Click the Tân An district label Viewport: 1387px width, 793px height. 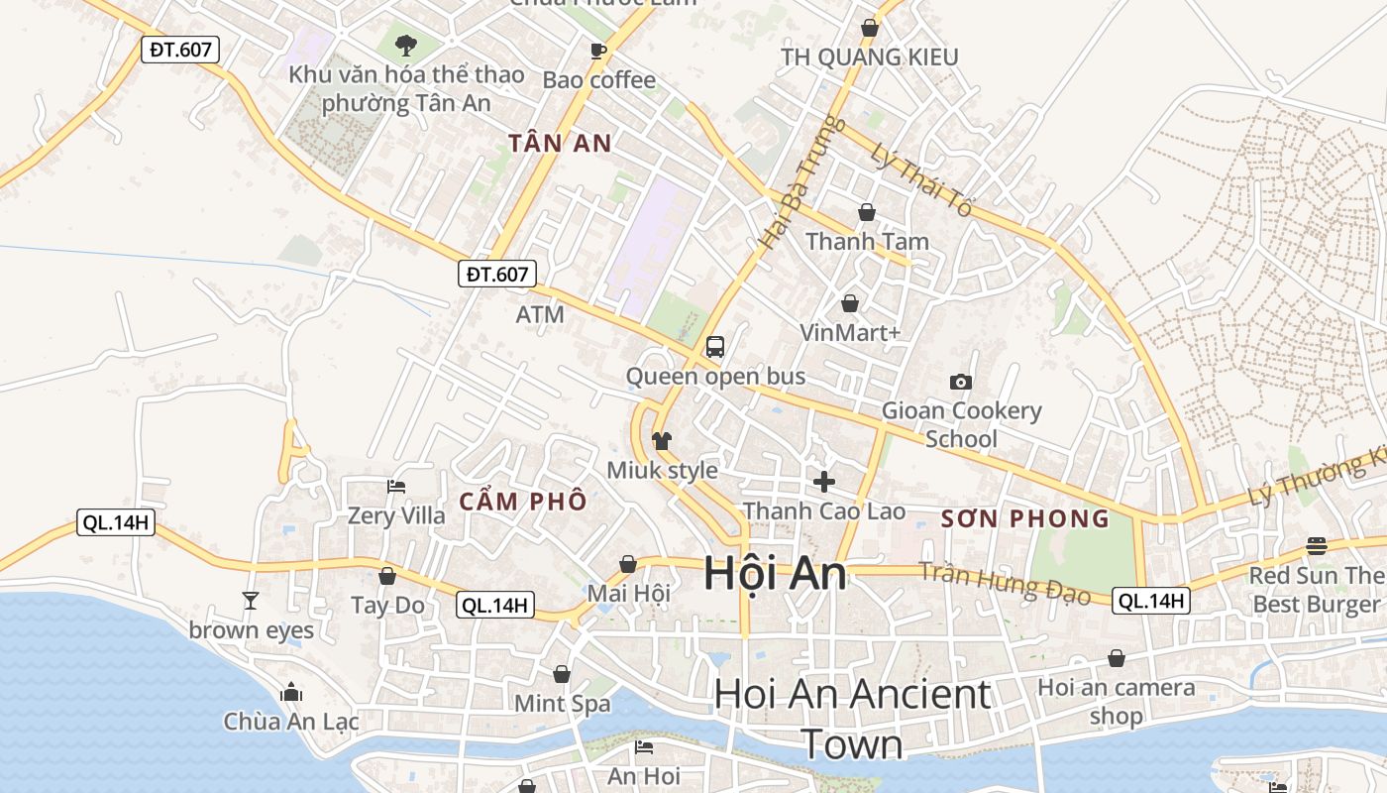coord(560,143)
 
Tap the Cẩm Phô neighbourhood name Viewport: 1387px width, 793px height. coord(522,502)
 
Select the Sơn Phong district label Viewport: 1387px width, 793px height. coord(1024,518)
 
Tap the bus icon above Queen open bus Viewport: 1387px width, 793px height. coord(715,347)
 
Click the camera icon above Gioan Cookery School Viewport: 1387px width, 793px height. coord(960,382)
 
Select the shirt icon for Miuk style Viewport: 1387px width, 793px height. coord(662,440)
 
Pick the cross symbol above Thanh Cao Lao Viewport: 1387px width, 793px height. coord(823,482)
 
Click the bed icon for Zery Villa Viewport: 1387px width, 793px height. coord(396,487)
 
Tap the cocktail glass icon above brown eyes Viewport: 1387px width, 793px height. coord(251,601)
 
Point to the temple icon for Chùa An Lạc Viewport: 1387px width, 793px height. coord(291,692)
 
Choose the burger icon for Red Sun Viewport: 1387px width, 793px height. coord(1317,545)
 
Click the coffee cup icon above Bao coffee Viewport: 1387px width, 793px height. coord(598,51)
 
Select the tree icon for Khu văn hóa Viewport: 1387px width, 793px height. coord(405,45)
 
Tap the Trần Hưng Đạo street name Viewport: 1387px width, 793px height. coord(1004,583)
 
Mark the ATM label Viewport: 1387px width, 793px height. coord(540,315)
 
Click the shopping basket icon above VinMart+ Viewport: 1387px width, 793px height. coord(849,303)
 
